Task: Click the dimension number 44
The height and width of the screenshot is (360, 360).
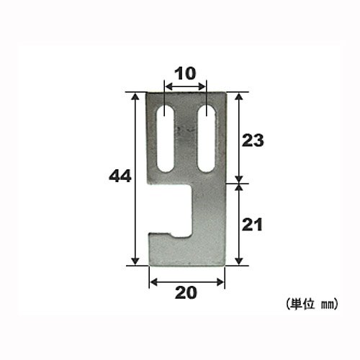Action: point(120,176)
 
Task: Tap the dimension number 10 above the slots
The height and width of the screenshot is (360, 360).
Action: point(185,73)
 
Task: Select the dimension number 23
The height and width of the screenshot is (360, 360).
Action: point(253,140)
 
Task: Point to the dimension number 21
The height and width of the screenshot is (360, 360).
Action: point(252,225)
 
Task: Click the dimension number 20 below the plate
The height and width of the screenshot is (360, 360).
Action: point(186,293)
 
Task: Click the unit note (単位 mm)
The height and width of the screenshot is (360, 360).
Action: point(312,305)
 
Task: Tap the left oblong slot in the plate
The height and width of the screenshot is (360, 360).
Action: point(165,138)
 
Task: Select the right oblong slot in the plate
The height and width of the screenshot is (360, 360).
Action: point(207,138)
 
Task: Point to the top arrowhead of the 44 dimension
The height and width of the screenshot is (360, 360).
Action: point(135,96)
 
